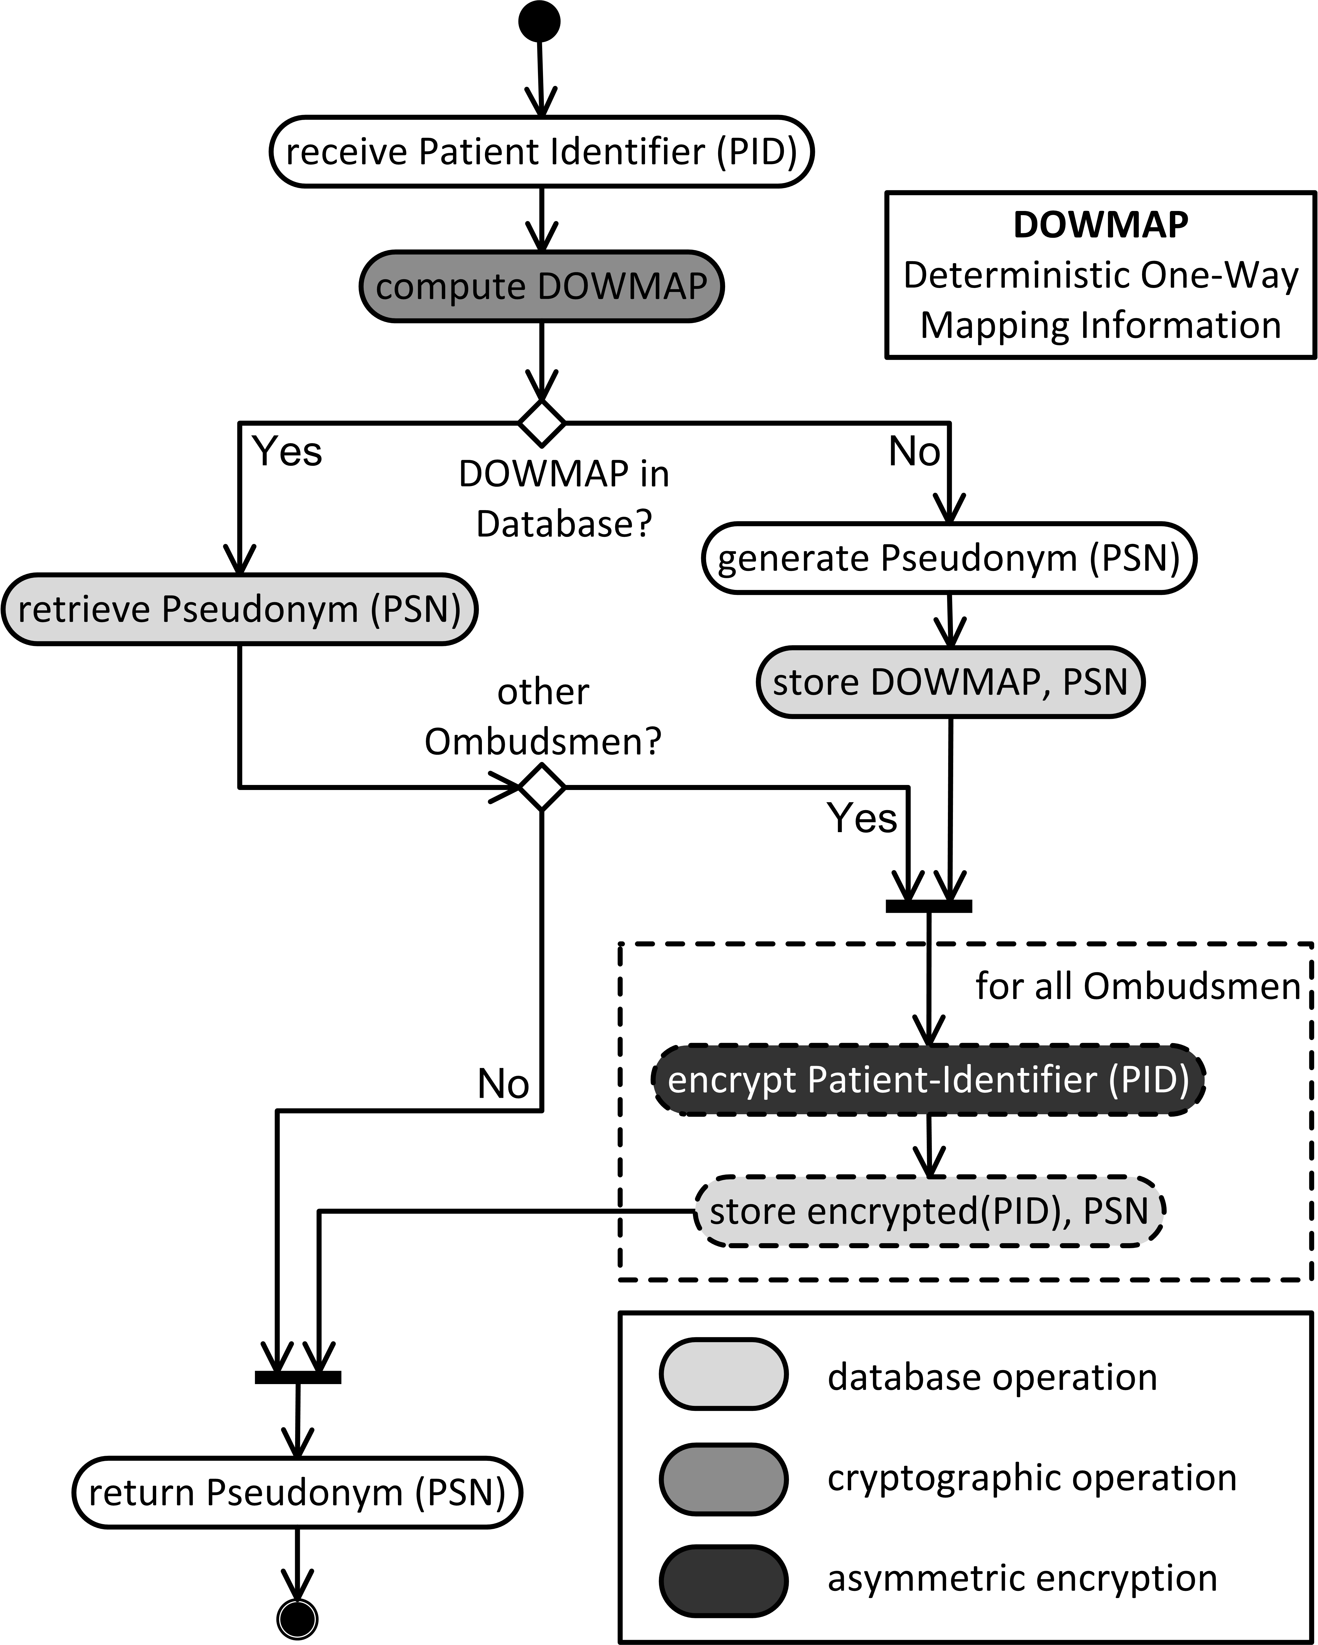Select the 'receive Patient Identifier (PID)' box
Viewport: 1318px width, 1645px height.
542,151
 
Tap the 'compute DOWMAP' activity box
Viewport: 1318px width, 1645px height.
542,286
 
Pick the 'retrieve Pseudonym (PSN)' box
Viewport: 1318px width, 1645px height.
240,609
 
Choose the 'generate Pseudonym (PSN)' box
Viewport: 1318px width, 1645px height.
949,558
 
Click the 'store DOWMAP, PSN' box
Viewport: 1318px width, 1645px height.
950,681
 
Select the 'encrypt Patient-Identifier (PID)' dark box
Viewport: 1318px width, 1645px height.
928,1080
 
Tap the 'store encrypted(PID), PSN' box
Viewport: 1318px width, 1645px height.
929,1211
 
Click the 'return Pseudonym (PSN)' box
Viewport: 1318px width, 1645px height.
298,1492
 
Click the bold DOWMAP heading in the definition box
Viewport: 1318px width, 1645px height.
1101,224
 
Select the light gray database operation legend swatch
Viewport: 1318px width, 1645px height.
723,1373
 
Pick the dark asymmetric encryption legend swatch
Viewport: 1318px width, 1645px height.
723,1579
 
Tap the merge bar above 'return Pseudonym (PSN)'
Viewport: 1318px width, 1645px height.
298,1377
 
